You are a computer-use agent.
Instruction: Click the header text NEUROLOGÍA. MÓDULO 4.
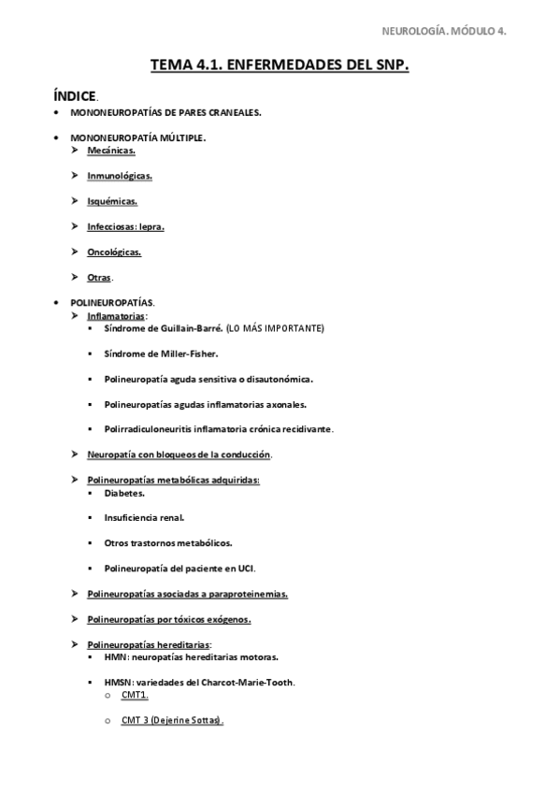(x=444, y=31)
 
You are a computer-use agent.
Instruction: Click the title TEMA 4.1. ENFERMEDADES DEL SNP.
(x=280, y=65)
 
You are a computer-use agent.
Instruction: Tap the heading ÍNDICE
(x=76, y=95)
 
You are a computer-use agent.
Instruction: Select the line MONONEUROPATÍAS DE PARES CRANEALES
(x=165, y=112)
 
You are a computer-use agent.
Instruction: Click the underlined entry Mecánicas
(x=111, y=150)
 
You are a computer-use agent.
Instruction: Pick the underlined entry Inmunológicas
(x=120, y=175)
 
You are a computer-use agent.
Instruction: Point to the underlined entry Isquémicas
(x=112, y=200)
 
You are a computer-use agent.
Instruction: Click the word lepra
(x=152, y=226)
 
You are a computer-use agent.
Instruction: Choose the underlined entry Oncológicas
(x=114, y=252)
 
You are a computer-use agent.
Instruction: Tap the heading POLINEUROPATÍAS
(x=112, y=303)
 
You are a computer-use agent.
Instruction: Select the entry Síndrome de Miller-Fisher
(x=162, y=353)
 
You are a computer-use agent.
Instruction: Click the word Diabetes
(x=124, y=492)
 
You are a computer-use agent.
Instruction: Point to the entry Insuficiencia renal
(x=144, y=517)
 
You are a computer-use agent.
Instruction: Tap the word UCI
(x=245, y=568)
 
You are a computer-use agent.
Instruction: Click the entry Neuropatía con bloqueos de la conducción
(x=179, y=454)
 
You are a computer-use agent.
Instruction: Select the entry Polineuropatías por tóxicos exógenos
(x=168, y=619)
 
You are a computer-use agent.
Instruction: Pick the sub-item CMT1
(x=135, y=696)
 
